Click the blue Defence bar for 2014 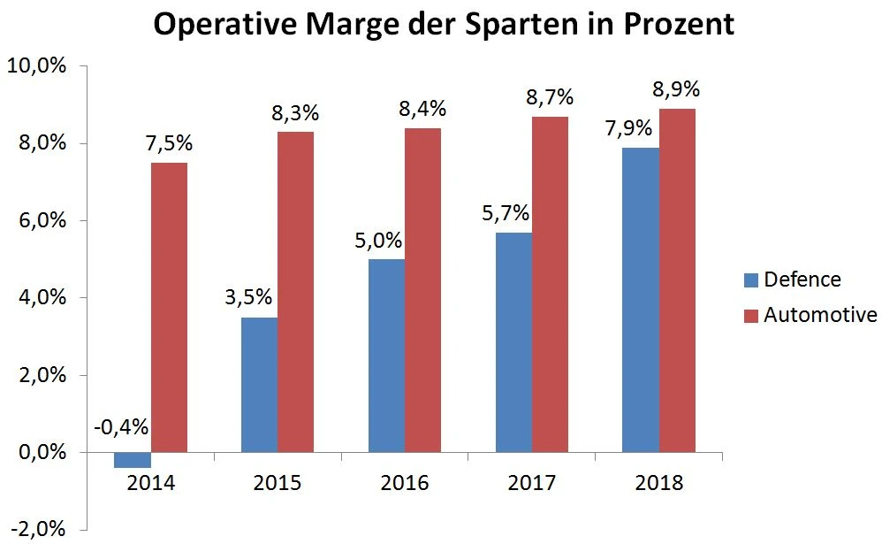(x=133, y=460)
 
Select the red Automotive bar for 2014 (x=169, y=307)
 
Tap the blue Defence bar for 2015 (x=259, y=385)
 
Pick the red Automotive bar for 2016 (x=422, y=290)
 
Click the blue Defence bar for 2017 (x=513, y=342)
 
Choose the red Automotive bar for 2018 (x=677, y=280)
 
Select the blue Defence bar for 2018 (x=641, y=300)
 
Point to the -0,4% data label (x=121, y=426)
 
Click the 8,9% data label (x=676, y=89)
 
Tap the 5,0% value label (x=379, y=240)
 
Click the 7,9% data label (x=628, y=128)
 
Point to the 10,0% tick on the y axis (x=39, y=66)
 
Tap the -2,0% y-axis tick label (x=41, y=530)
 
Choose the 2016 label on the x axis (x=405, y=483)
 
